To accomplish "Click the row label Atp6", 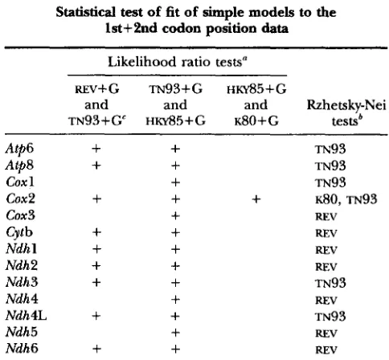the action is tap(19, 149).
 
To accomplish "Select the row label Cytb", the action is tap(19, 232).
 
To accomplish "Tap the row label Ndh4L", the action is tap(27, 316).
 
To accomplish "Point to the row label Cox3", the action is tap(20, 215).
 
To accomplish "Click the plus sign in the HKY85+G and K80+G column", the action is tap(256, 199).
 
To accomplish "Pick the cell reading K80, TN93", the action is tap(346, 199).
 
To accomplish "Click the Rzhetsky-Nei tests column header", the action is tap(346, 112).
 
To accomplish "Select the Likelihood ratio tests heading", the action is tap(177, 62).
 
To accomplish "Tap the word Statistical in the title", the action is tap(86, 12).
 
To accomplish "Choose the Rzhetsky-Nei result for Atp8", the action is tap(330, 166).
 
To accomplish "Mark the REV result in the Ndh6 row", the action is tap(326, 350).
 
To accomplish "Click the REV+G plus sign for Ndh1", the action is tap(96, 249).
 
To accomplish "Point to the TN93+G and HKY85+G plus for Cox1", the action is tap(175, 182).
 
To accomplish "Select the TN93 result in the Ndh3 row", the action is tap(330, 283).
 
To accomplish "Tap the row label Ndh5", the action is tap(22, 332).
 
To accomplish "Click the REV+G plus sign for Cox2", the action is tap(96, 199).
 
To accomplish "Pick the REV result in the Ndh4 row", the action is tap(326, 300).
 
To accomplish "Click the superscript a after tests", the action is tap(244, 59).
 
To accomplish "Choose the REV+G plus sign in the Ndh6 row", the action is tap(96, 349).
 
